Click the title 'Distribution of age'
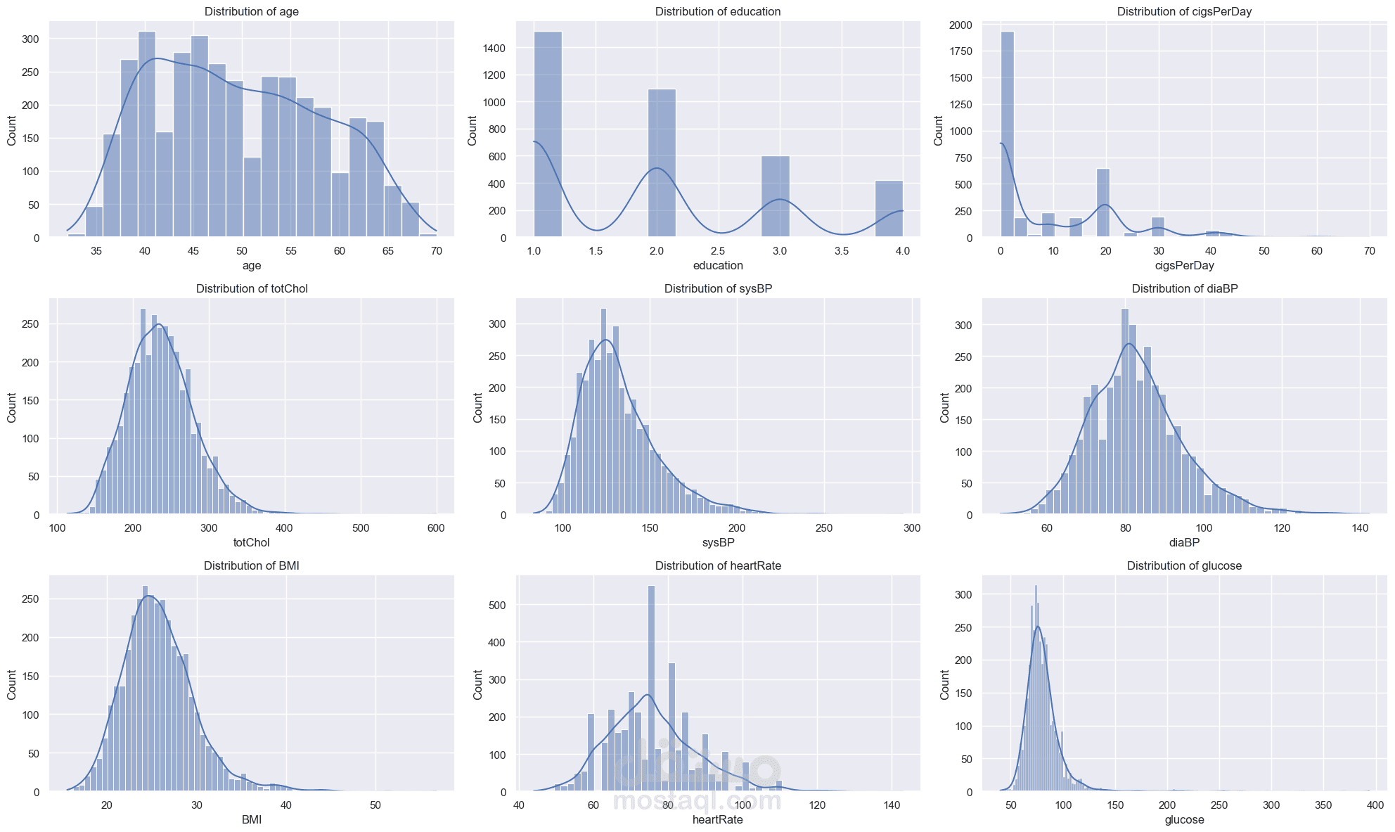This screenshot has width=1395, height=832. pyautogui.click(x=251, y=11)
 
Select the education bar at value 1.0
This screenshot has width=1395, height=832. pyautogui.click(x=548, y=134)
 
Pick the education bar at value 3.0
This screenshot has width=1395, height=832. pyautogui.click(x=776, y=197)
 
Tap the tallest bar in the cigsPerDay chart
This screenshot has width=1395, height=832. pyautogui.click(x=1007, y=134)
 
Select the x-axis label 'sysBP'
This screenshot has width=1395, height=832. pyautogui.click(x=718, y=542)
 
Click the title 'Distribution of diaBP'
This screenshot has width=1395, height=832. pyautogui.click(x=1184, y=288)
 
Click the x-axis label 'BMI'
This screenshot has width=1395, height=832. pyautogui.click(x=251, y=819)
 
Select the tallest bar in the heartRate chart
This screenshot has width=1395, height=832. pyautogui.click(x=651, y=689)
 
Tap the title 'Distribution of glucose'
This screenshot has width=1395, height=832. pyautogui.click(x=1184, y=565)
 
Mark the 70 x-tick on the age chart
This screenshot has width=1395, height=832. pyautogui.click(x=436, y=251)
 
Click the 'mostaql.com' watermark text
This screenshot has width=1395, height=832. pyautogui.click(x=697, y=800)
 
